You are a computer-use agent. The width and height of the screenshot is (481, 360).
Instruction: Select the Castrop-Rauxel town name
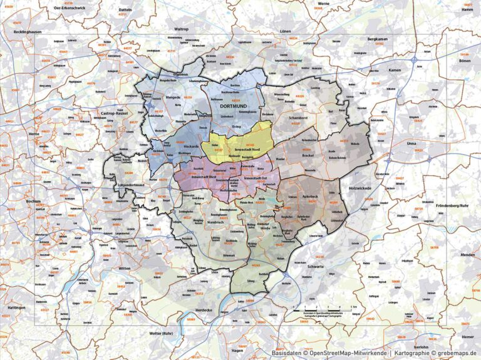(113, 113)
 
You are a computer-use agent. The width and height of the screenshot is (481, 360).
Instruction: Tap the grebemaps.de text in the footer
(455, 353)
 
